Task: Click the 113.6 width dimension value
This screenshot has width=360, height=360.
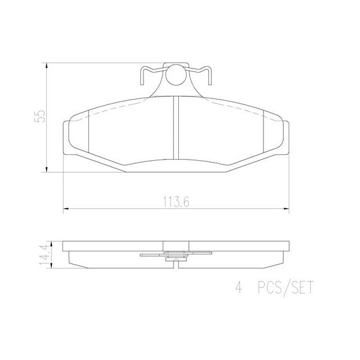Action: click(176, 202)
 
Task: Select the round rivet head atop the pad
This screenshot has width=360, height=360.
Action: click(176, 75)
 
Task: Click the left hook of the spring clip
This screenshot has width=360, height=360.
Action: click(145, 76)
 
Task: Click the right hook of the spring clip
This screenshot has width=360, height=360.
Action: click(207, 76)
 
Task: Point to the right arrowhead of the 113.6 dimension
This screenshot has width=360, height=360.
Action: click(286, 209)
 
